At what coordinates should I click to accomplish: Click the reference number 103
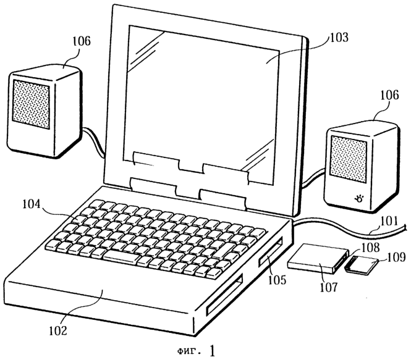coord(339,38)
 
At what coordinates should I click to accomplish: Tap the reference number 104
coord(32,204)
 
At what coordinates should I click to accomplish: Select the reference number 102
coord(58,331)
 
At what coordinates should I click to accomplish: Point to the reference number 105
coord(277,280)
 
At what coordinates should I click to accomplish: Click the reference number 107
coord(329,287)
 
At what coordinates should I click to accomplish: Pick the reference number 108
coord(370,248)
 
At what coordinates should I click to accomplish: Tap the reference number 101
coord(389,221)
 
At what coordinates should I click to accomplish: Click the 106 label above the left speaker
coord(81,41)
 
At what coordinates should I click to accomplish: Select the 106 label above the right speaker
coord(389,95)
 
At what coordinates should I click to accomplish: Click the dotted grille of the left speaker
coord(31,104)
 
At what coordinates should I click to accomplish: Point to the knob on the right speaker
coord(358,199)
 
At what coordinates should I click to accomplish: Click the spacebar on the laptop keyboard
coord(121,256)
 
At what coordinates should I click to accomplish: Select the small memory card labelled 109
coord(362,266)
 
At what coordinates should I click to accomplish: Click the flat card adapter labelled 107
coord(318,258)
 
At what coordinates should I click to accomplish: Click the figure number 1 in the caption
coord(213,351)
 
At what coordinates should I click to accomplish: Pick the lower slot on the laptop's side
coord(224,294)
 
